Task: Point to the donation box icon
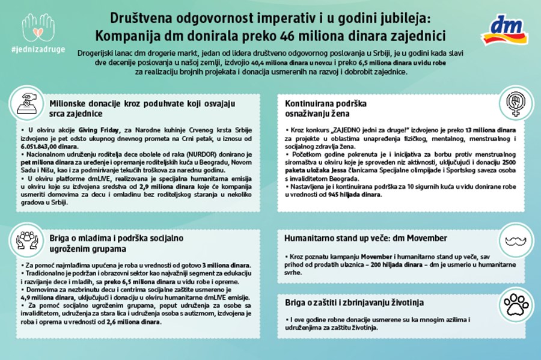point(28,102)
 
